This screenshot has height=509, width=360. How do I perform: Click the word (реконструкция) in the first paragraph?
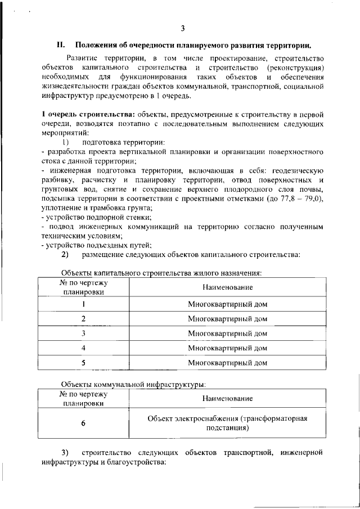[x=296, y=67]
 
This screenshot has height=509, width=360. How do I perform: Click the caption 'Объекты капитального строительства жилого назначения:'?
[x=162, y=272]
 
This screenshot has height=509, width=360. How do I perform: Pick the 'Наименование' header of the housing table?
[x=227, y=287]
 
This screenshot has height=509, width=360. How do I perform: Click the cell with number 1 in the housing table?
[x=83, y=304]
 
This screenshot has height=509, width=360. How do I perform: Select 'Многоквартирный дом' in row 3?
[x=227, y=334]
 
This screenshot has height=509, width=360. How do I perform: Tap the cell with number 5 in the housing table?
[x=83, y=363]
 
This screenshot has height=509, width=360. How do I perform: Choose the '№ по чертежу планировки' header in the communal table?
[x=83, y=398]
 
